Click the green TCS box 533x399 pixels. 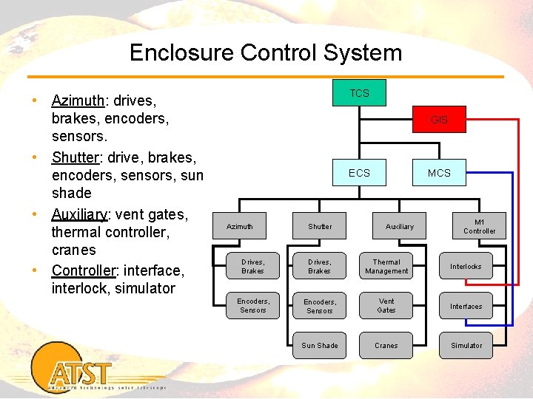(359, 93)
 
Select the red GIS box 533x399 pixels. (439, 120)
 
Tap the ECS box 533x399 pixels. (359, 173)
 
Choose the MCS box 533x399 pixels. (439, 173)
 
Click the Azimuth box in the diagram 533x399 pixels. (239, 226)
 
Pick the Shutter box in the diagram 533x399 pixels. (320, 226)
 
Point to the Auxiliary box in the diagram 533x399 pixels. (400, 226)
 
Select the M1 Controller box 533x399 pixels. (480, 226)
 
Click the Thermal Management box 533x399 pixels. (386, 266)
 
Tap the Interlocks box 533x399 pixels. (466, 266)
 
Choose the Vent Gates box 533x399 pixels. (386, 306)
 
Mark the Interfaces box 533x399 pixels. (466, 306)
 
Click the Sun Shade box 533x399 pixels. (320, 345)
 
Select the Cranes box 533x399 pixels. (386, 345)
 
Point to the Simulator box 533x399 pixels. (466, 345)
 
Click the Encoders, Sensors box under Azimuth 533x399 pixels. (253, 305)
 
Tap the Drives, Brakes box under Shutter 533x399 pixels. (320, 266)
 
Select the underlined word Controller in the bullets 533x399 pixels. (81, 270)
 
